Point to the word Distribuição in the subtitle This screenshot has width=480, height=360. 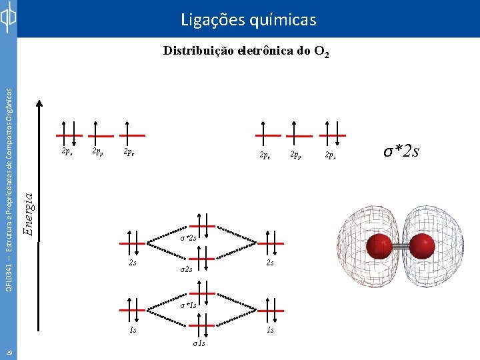(199, 51)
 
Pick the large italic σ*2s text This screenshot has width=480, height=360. (401, 151)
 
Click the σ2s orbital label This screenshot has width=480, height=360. (187, 269)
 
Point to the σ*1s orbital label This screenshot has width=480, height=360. (188, 305)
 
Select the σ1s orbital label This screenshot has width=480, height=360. (199, 343)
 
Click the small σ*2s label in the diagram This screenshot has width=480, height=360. (188, 237)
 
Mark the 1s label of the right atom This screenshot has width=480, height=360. (269, 329)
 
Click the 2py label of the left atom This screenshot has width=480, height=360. (97, 153)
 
